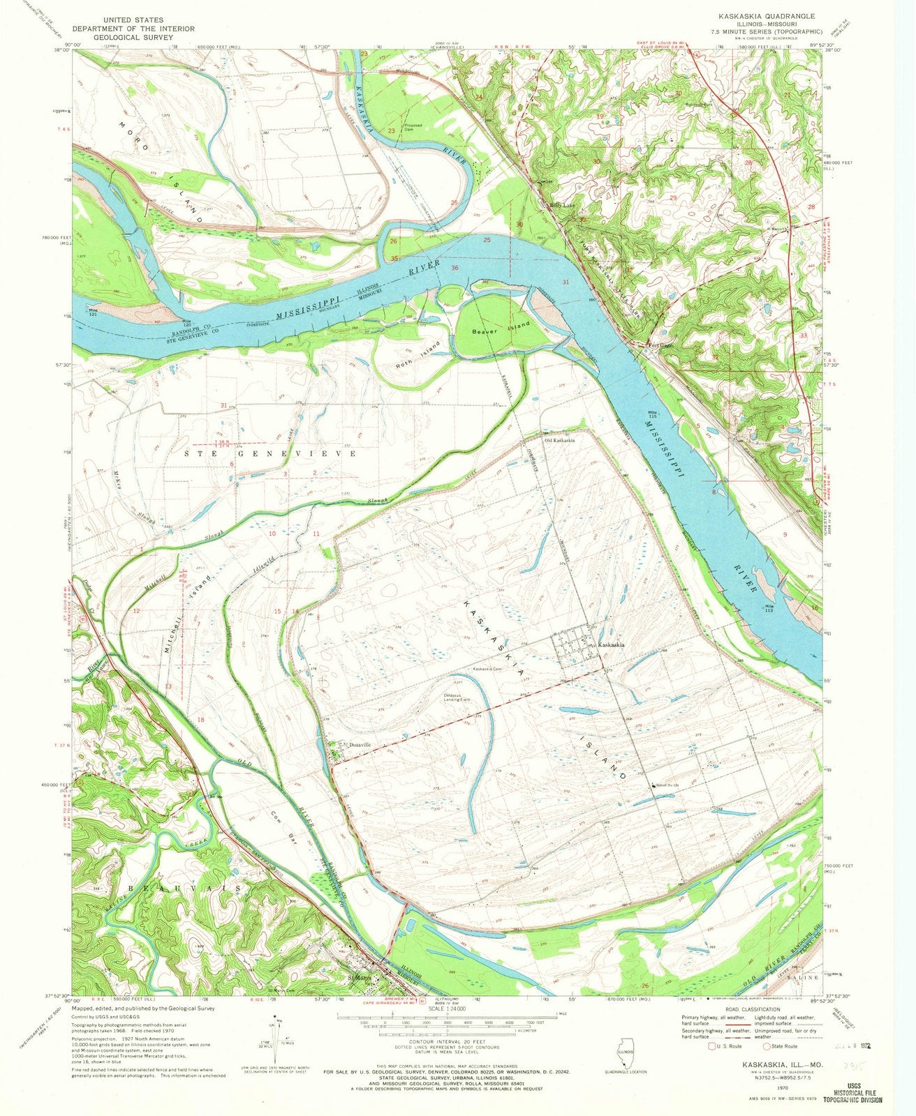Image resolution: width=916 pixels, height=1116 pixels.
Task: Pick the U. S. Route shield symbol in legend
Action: pyautogui.click(x=712, y=1046)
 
